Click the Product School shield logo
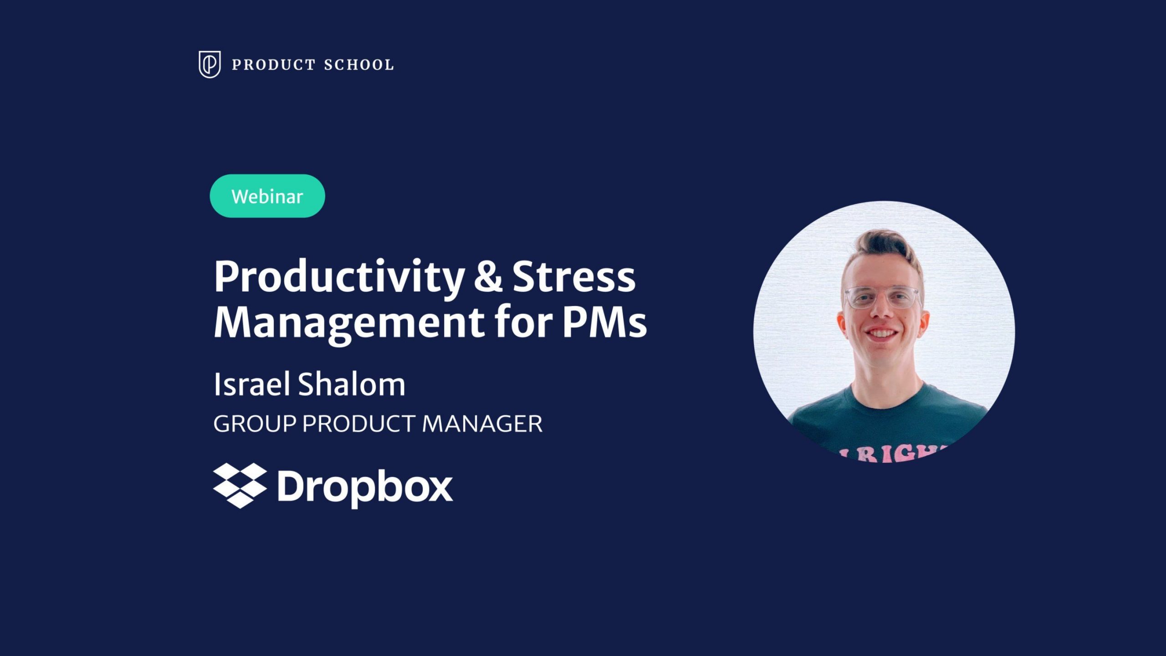coord(210,64)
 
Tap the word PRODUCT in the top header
coord(274,65)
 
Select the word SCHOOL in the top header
coord(359,65)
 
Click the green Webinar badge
coord(267,196)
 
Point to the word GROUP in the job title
coord(255,424)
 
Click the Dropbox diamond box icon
coord(240,486)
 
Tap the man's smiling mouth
coord(881,334)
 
